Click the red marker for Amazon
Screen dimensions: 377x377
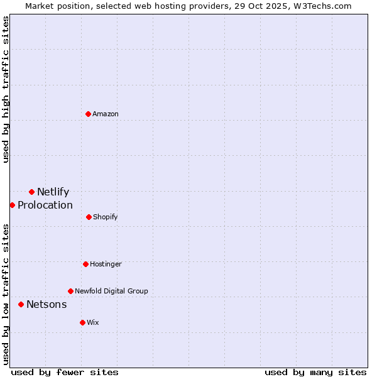pyautogui.click(x=88, y=114)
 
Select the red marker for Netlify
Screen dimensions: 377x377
pyautogui.click(x=31, y=192)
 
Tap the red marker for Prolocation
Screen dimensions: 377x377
pyautogui.click(x=12, y=205)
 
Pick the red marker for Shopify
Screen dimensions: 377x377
pyautogui.click(x=89, y=217)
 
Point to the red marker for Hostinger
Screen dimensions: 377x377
pyautogui.click(x=85, y=264)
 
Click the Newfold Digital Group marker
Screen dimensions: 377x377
pyautogui.click(x=70, y=291)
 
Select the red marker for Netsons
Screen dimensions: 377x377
pyautogui.click(x=21, y=304)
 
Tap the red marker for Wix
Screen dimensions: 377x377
pyautogui.click(x=82, y=322)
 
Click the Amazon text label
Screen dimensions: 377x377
pyautogui.click(x=106, y=114)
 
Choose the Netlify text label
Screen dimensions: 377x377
pyautogui.click(x=53, y=192)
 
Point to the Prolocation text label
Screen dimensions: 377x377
pyautogui.click(x=45, y=205)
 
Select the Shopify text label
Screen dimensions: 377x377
pyautogui.click(x=106, y=217)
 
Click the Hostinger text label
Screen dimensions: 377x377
pyautogui.click(x=106, y=264)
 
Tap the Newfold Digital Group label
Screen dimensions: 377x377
pyautogui.click(x=111, y=291)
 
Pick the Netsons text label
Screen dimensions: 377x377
pyautogui.click(x=46, y=304)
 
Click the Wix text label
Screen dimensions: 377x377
pyautogui.click(x=93, y=322)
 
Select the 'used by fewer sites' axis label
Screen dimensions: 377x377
pyautogui.click(x=65, y=372)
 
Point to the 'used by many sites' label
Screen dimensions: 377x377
pyautogui.click(x=315, y=372)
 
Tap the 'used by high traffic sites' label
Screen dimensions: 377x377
pyautogui.click(x=6, y=89)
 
